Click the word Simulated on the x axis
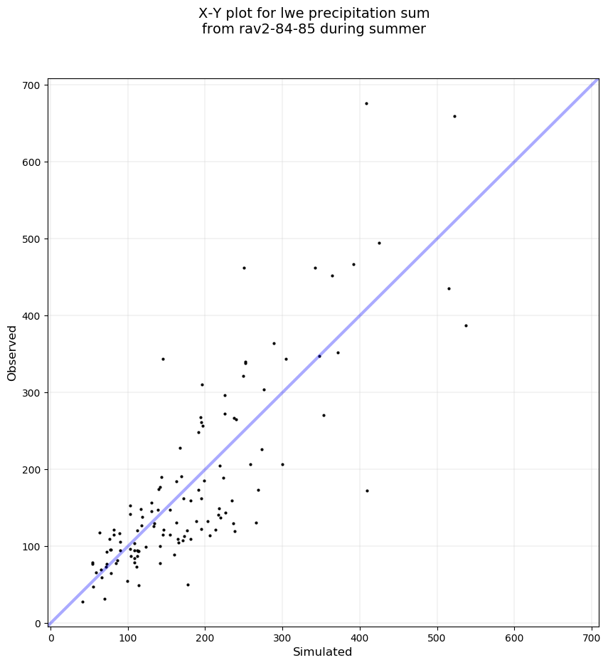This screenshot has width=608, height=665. pyautogui.click(x=322, y=652)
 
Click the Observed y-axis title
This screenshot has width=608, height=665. pyautogui.click(x=12, y=353)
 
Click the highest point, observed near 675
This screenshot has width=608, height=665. pyautogui.click(x=366, y=104)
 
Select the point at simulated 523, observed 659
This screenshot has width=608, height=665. pyautogui.click(x=454, y=117)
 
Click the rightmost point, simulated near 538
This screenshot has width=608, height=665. pyautogui.click(x=466, y=326)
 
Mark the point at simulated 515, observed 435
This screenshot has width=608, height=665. pyautogui.click(x=449, y=289)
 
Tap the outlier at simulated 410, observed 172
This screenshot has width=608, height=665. pyautogui.click(x=367, y=491)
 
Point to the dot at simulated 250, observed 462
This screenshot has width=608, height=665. pyautogui.click(x=244, y=268)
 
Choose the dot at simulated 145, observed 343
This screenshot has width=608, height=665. pyautogui.click(x=163, y=360)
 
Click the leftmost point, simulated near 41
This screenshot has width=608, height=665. pyautogui.click(x=82, y=602)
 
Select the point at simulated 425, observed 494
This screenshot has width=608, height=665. pyautogui.click(x=379, y=244)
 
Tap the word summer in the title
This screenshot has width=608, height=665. pyautogui.click(x=401, y=29)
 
